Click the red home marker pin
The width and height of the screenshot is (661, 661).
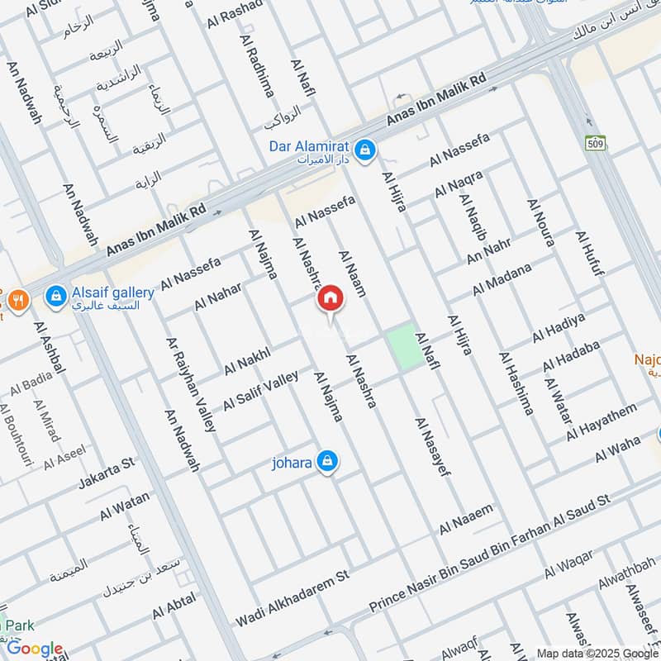tap(330, 299)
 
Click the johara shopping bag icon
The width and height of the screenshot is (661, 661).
tap(328, 461)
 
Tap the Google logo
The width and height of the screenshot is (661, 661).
tap(35, 649)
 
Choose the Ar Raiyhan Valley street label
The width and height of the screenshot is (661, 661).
tap(190, 384)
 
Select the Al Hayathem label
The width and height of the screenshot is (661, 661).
tap(602, 421)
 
